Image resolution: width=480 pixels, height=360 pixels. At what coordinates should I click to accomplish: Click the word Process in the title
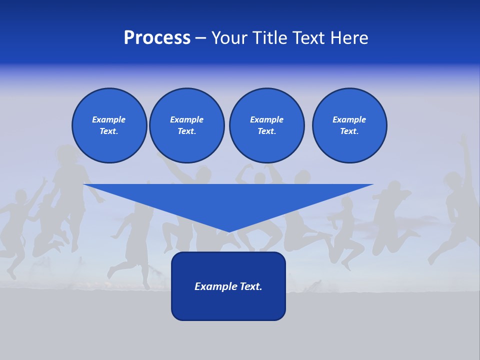tap(157, 38)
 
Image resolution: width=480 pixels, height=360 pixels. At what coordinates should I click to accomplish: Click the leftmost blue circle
tap(109, 125)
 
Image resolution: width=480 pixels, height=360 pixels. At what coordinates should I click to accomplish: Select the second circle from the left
tap(186, 125)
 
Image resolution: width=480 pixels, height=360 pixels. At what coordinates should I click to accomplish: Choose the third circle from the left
tap(266, 125)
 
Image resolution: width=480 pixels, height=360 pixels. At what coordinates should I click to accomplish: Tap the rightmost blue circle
tap(349, 125)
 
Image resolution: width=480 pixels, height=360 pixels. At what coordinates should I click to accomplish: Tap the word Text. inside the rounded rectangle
tap(251, 286)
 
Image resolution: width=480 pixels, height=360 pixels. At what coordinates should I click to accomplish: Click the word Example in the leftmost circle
tap(109, 119)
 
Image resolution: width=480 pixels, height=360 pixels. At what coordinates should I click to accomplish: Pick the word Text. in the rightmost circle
tap(349, 131)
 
